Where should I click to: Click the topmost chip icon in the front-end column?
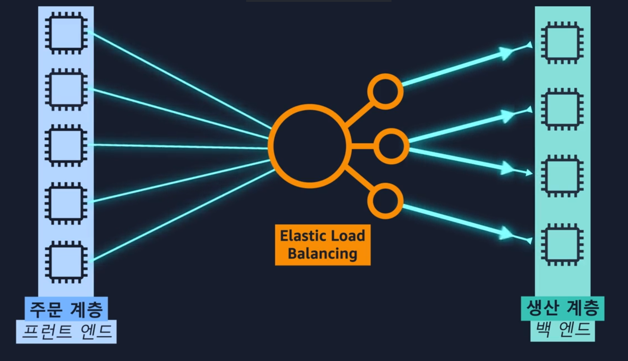tap(66, 33)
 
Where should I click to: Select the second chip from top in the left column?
tap(66, 89)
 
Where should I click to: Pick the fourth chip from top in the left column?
tap(66, 203)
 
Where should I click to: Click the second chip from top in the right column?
tap(562, 109)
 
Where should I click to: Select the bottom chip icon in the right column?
tap(562, 244)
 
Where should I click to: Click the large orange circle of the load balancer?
tap(309, 146)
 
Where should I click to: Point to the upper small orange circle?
tap(385, 91)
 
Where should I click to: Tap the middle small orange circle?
tap(391, 146)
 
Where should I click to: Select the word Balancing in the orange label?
tap(322, 254)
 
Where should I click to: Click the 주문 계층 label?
tap(66, 309)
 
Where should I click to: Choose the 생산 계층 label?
tap(562, 308)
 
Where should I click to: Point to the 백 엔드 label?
tap(562, 329)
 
